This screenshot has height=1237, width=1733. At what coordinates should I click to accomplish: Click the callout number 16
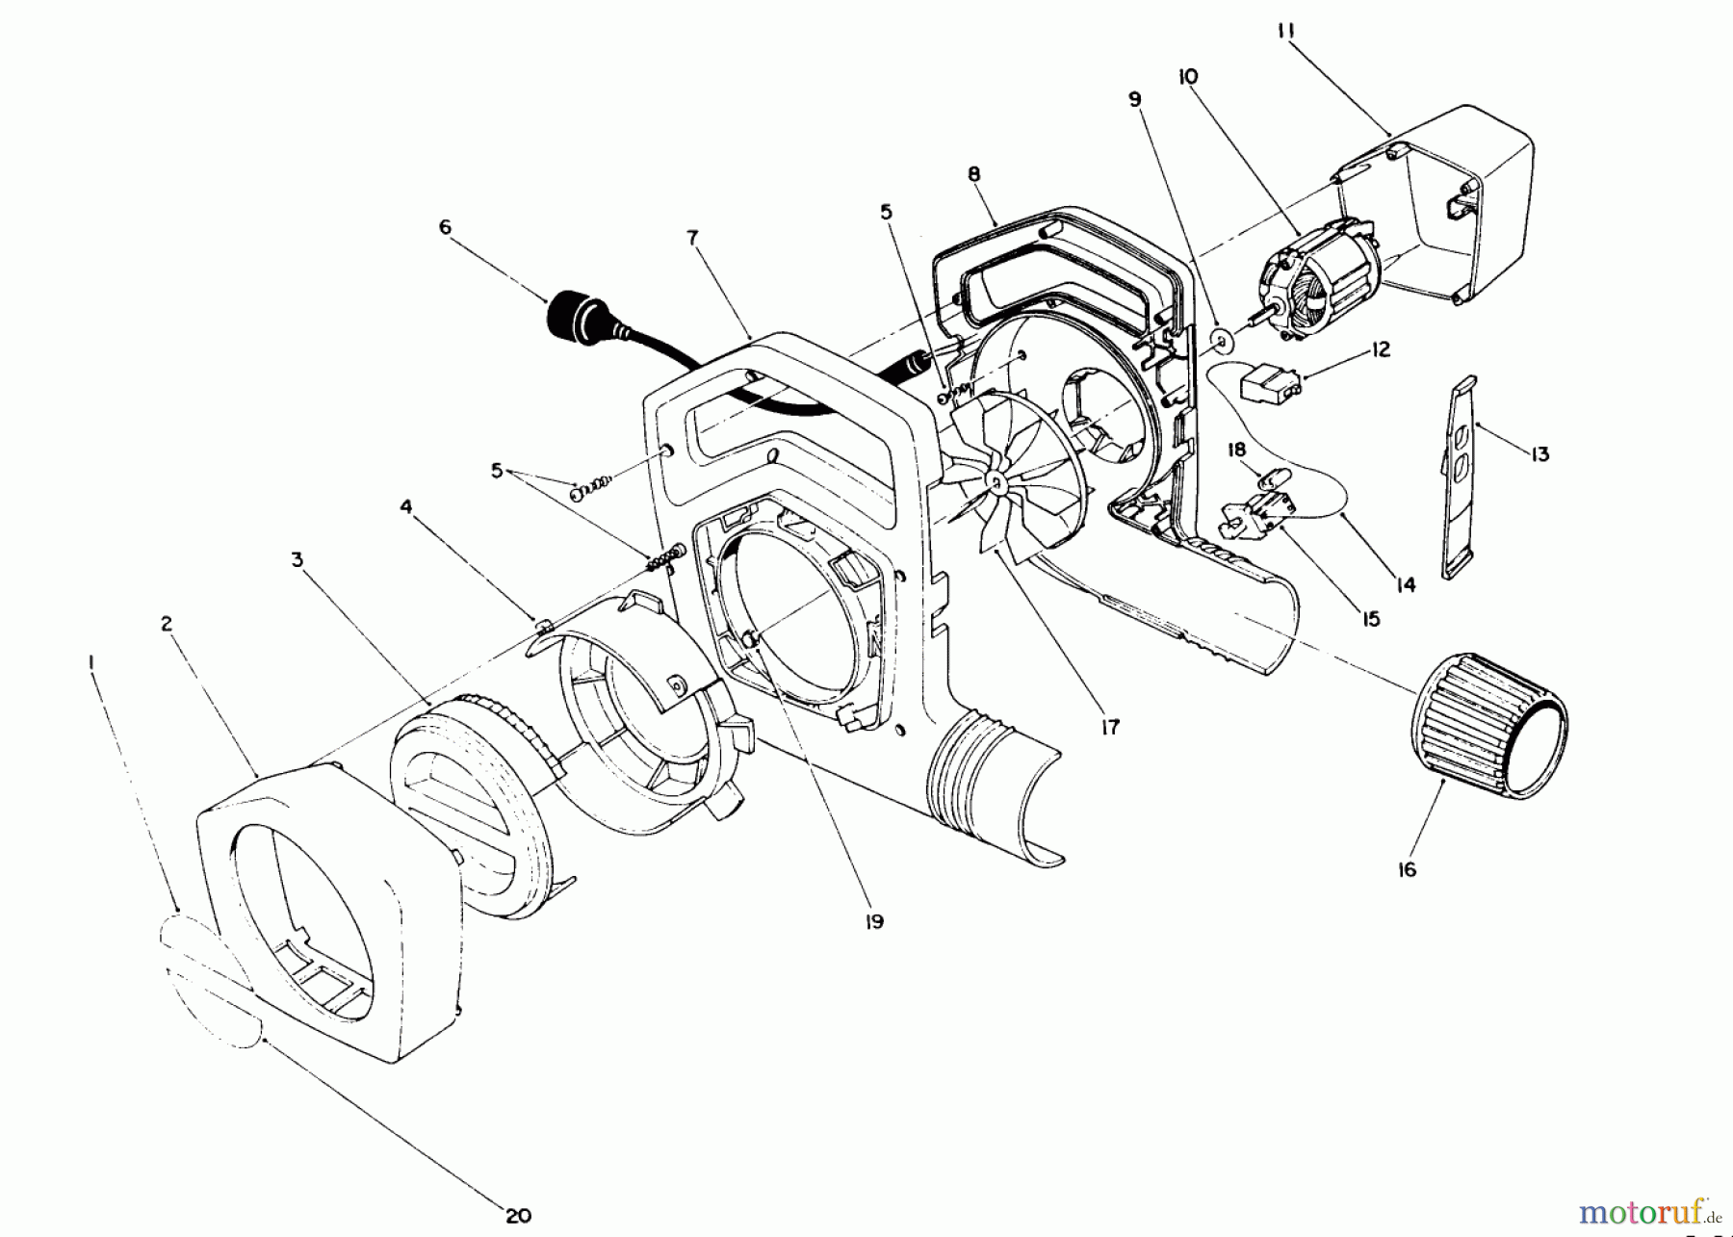[1407, 869]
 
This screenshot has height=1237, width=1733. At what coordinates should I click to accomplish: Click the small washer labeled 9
[1222, 340]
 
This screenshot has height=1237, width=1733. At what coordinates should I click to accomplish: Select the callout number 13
[1539, 453]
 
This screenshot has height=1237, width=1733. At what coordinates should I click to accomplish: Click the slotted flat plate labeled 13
[1461, 477]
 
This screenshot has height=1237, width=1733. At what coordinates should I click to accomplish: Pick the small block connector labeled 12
[1268, 385]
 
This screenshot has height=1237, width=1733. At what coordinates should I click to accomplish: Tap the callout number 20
[519, 1215]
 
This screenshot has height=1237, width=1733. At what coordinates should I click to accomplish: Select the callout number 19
[874, 921]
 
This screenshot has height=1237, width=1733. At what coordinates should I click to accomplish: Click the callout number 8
[974, 174]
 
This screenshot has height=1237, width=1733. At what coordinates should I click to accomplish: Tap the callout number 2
[167, 625]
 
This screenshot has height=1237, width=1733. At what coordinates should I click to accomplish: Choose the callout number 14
[1407, 583]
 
